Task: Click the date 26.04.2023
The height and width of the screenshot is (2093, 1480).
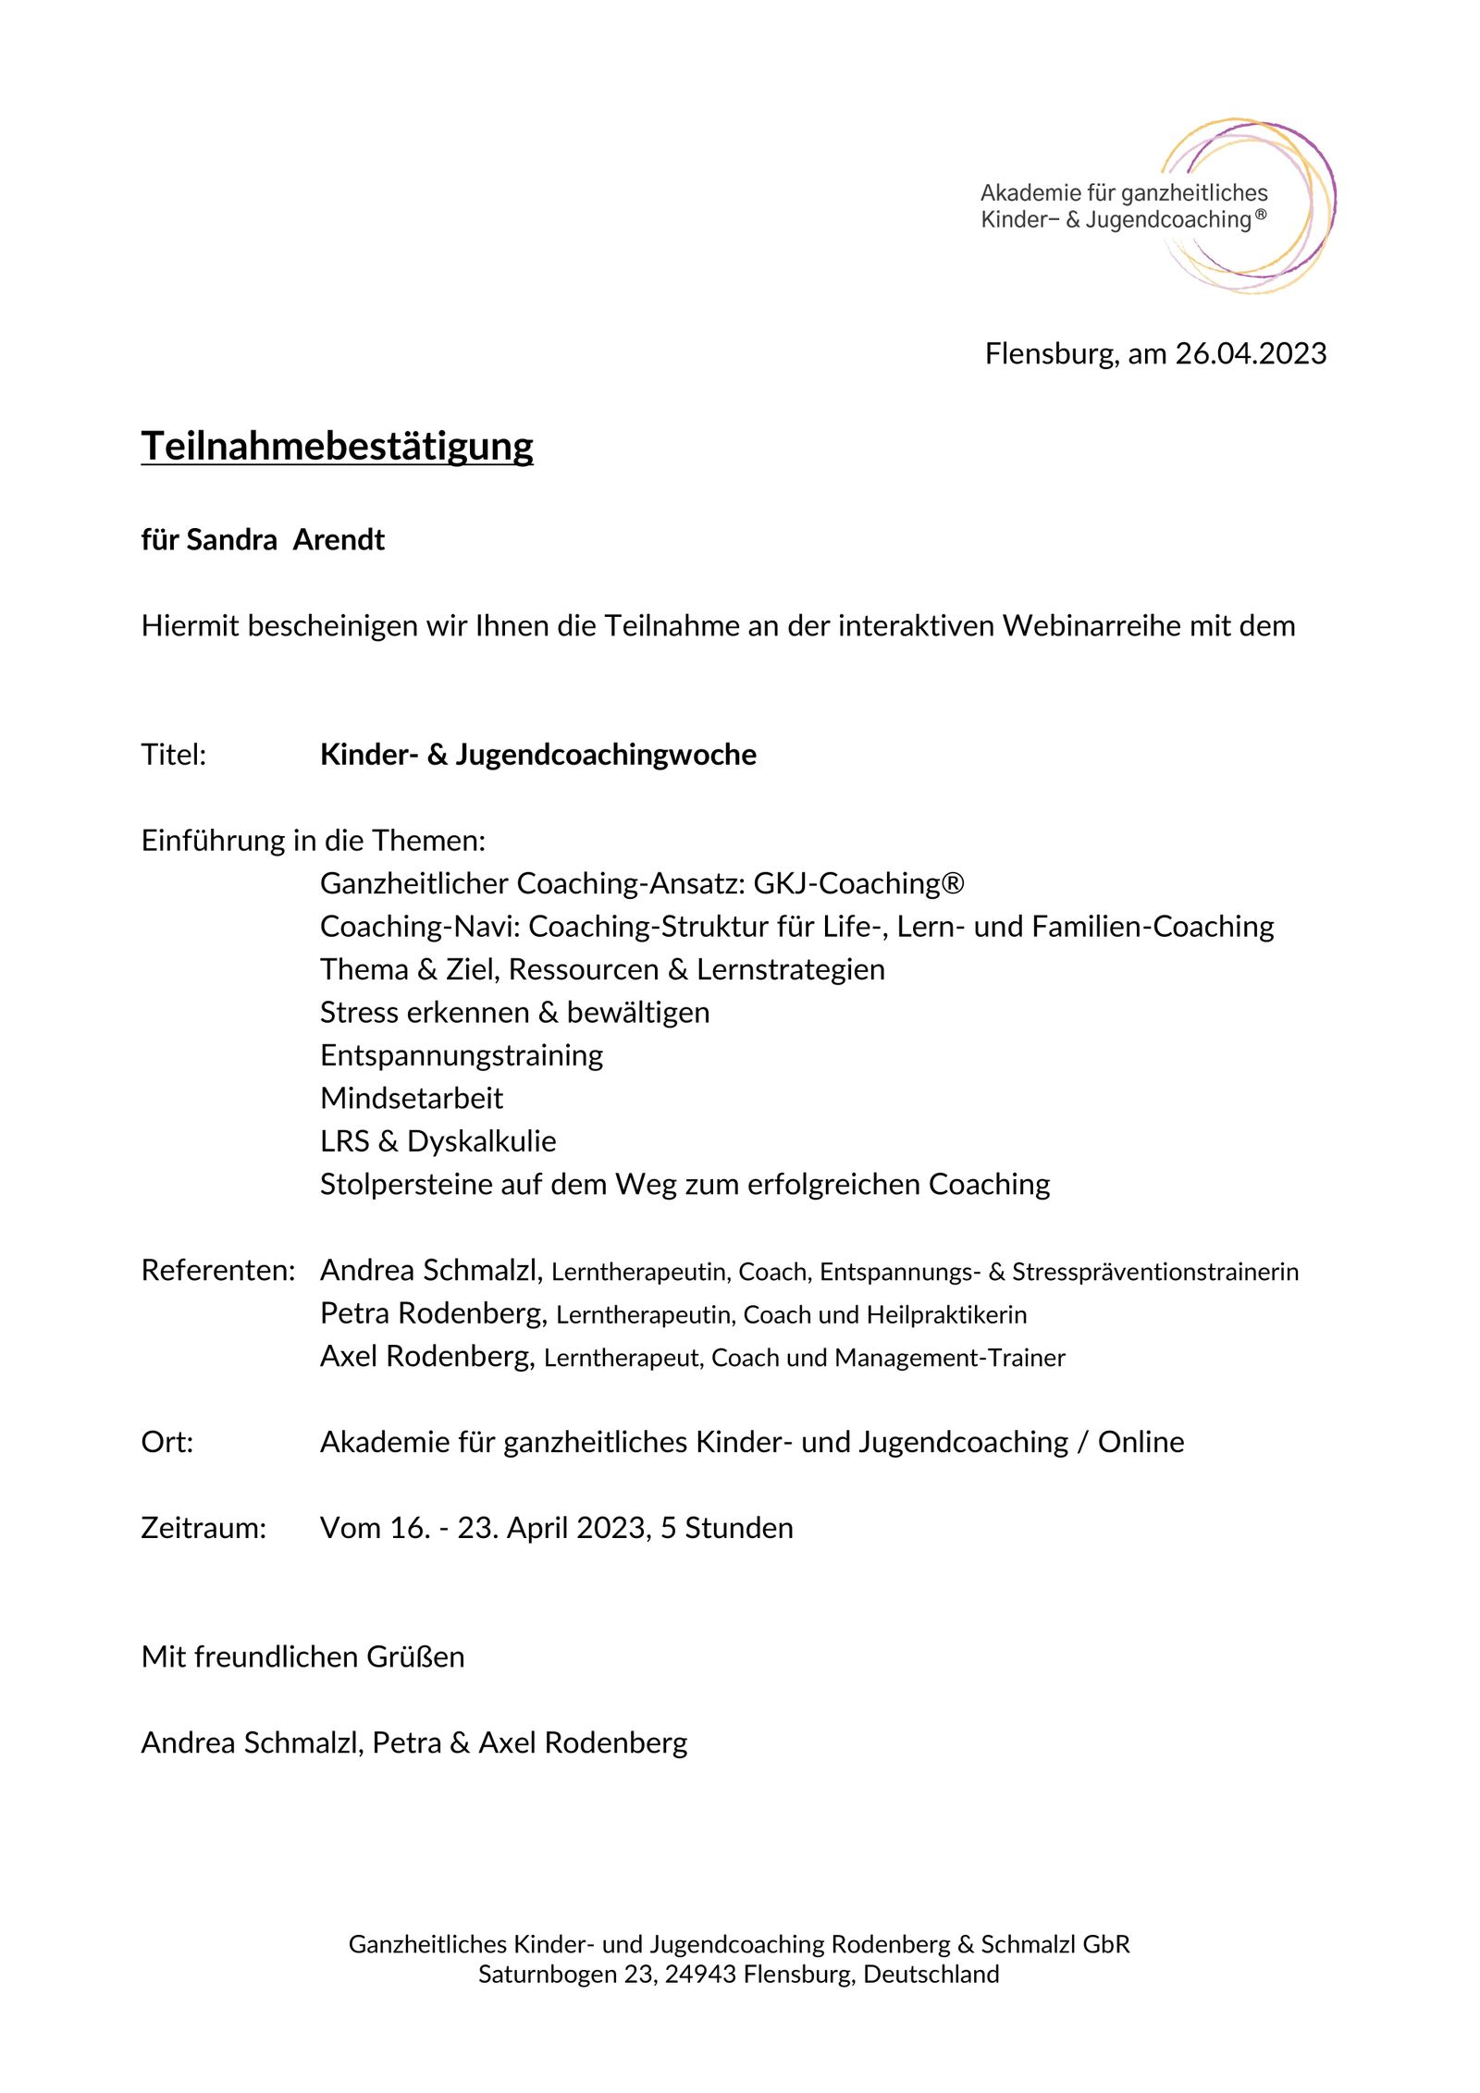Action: click(x=1251, y=353)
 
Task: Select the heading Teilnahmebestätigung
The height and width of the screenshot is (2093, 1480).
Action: click(x=337, y=446)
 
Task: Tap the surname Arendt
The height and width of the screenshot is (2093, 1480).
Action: click(x=339, y=539)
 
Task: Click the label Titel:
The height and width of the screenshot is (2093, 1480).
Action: click(x=173, y=755)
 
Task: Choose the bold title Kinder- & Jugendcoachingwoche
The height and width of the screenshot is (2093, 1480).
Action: click(x=537, y=755)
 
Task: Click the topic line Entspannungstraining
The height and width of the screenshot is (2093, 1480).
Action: click(x=461, y=1055)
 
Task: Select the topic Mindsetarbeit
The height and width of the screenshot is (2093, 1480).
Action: click(x=411, y=1099)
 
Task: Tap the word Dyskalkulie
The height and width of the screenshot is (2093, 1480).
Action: click(x=481, y=1141)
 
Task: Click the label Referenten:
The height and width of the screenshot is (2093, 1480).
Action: click(x=218, y=1271)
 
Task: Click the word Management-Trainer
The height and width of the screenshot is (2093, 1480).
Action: click(x=949, y=1358)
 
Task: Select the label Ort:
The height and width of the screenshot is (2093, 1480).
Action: click(x=167, y=1442)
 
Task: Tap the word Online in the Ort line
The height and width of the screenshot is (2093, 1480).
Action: click(x=1141, y=1442)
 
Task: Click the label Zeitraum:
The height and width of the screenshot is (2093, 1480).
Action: click(x=203, y=1528)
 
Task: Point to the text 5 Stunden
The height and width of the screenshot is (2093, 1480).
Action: click(x=726, y=1528)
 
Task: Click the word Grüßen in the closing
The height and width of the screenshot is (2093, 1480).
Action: click(x=415, y=1656)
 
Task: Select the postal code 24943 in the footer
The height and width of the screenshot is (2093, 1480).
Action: click(x=700, y=1975)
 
